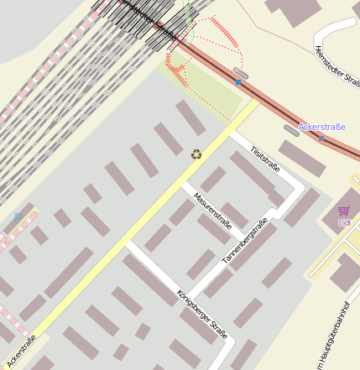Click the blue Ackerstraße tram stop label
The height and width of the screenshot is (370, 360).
click(322, 127)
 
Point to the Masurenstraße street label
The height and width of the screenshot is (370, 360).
click(211, 211)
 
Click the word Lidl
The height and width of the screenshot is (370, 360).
click(344, 222)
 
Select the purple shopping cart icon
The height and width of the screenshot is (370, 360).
click(343, 211)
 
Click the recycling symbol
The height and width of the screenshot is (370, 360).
click(196, 154)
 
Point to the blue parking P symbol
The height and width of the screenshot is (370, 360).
click(18, 217)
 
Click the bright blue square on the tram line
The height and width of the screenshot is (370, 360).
click(239, 83)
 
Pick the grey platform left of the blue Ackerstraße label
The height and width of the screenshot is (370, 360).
click(291, 129)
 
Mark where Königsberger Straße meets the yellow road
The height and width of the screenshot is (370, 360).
click(128, 245)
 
